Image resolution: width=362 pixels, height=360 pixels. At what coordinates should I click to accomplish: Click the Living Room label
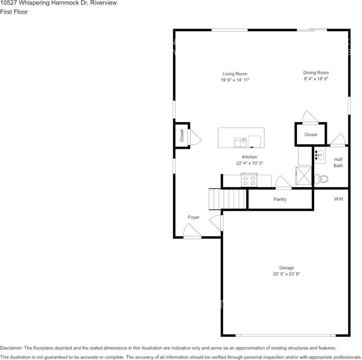235,74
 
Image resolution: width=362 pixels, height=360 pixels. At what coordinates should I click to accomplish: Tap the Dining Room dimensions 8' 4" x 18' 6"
316,79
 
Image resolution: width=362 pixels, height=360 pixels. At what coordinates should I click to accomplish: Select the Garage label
286,268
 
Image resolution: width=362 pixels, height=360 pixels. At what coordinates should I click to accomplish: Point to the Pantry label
280,199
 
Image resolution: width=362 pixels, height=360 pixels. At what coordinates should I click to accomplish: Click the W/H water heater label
338,199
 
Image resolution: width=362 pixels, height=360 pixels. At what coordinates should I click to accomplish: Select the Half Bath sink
320,155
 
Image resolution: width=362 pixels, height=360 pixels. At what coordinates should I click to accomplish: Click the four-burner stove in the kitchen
249,180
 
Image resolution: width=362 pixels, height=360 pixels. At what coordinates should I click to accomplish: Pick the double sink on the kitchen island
240,142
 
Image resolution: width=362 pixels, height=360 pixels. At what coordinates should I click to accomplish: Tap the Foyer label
194,217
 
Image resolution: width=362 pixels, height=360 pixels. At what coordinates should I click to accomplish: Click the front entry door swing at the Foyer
192,231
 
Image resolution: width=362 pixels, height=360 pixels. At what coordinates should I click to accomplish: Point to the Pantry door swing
284,182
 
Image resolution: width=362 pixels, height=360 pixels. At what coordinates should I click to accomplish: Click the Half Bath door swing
338,140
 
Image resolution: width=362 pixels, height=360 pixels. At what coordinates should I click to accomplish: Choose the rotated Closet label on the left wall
182,135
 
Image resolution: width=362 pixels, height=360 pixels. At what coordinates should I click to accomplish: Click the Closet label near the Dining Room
311,135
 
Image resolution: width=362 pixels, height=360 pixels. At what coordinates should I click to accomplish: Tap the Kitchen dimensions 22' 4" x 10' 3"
250,163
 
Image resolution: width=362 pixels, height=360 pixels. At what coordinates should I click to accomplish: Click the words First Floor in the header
14,12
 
